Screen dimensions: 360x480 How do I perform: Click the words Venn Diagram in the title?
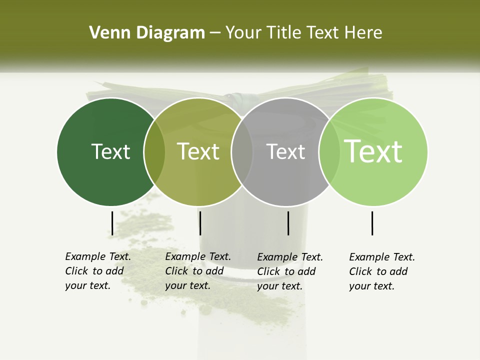point(147,33)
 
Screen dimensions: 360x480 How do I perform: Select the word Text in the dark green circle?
point(110,151)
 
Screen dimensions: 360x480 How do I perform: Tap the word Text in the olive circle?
point(198,151)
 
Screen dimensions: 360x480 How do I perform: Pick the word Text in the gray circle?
point(285,151)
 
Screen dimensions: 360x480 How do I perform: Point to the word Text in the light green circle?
point(373,151)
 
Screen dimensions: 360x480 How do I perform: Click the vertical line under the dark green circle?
point(112,223)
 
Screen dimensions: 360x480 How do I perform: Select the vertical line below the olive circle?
point(200,223)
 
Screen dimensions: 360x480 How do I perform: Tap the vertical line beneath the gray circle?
point(288,223)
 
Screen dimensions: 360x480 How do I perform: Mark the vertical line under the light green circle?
point(372,223)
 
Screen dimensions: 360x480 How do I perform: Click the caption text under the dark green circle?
point(98,271)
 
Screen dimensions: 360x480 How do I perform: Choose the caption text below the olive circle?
point(198,271)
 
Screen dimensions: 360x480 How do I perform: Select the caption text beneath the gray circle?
point(290,271)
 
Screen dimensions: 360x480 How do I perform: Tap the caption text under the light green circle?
point(382,271)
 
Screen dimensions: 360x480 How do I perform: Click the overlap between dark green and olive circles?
point(154,151)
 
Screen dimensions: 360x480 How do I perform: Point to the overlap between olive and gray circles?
point(242,151)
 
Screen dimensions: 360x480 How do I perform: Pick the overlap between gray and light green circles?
point(329,151)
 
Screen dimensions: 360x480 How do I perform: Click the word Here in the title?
point(363,33)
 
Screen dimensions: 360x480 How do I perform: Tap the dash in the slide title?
point(215,33)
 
